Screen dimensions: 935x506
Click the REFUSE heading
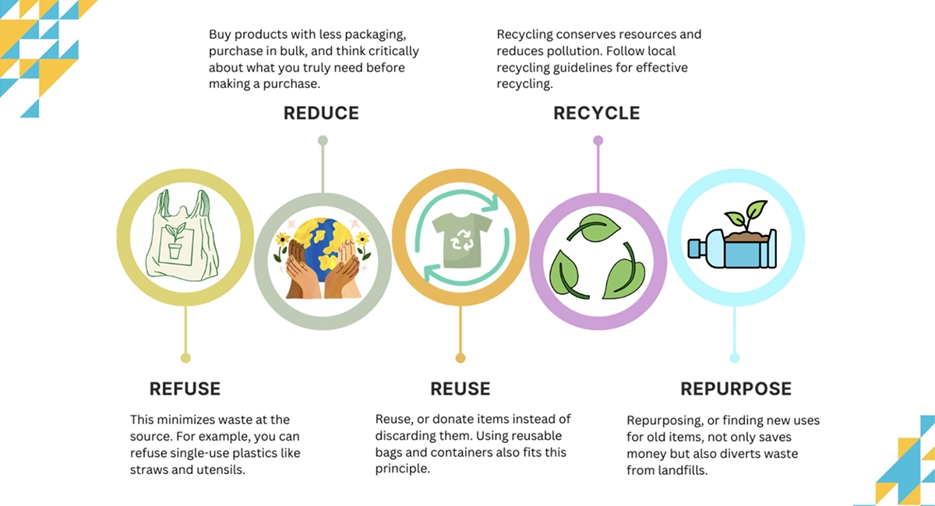[185, 388]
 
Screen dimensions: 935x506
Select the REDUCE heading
[321, 113]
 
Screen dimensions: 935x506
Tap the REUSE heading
[460, 388]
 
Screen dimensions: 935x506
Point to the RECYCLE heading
[596, 113]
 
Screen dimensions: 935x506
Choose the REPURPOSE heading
[736, 388]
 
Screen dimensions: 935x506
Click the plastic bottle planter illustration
[732, 248]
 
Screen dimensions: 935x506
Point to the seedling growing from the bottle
[743, 216]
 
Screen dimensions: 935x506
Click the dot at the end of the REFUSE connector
[185, 358]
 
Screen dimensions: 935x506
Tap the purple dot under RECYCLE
[598, 141]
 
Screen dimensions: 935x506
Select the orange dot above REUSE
[460, 358]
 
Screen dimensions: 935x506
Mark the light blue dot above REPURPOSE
[735, 358]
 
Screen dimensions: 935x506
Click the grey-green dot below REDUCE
[323, 141]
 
